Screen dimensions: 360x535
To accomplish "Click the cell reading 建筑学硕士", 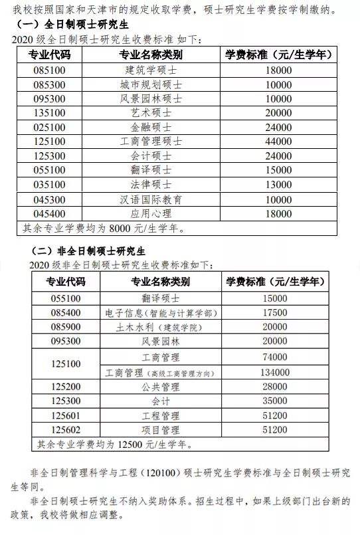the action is pos(151,70).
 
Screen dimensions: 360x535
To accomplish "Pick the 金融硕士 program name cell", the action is pos(151,127).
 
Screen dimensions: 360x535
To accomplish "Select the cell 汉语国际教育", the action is pos(151,199).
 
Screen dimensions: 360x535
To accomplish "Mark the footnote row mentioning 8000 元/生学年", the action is pos(103,229).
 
